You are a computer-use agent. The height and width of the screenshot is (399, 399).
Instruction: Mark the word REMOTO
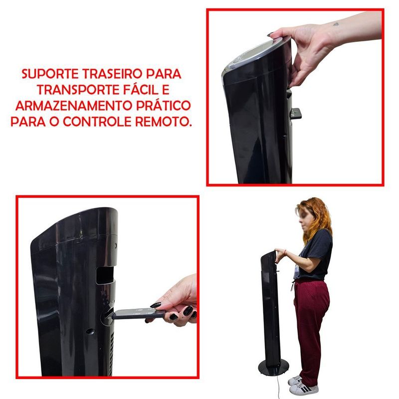coord(170,122)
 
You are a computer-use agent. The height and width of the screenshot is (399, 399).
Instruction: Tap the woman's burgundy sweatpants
coord(310,319)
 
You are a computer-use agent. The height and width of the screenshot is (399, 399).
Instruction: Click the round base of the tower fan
coord(272,368)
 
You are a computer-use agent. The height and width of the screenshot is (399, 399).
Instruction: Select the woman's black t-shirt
coord(319,252)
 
